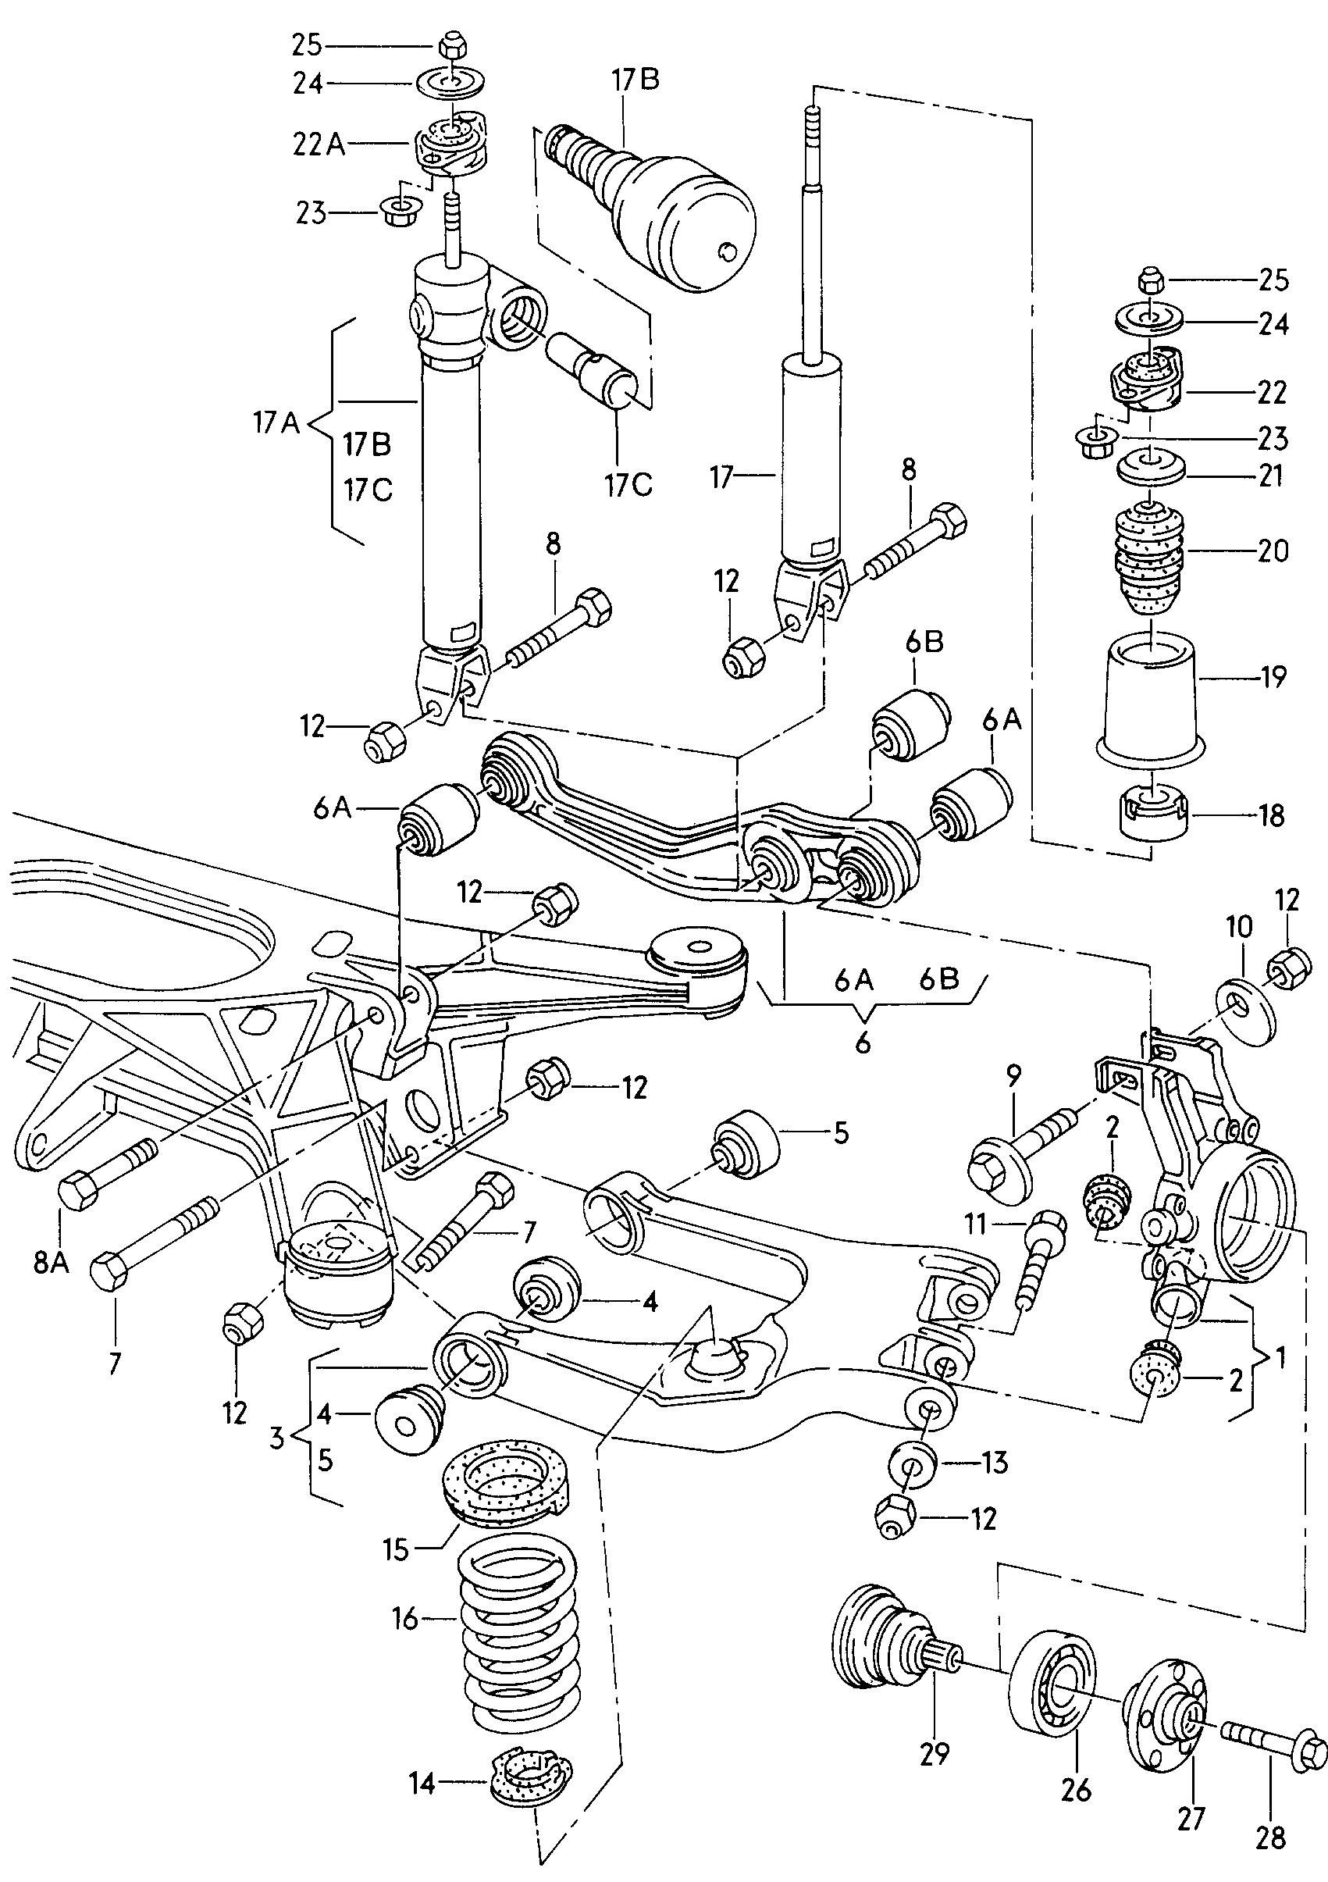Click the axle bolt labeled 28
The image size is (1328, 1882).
pos(1273,1748)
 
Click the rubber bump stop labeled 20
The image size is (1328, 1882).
pos(1152,558)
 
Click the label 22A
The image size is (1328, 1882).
pos(319,144)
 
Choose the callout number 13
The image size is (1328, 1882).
pos(996,1463)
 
